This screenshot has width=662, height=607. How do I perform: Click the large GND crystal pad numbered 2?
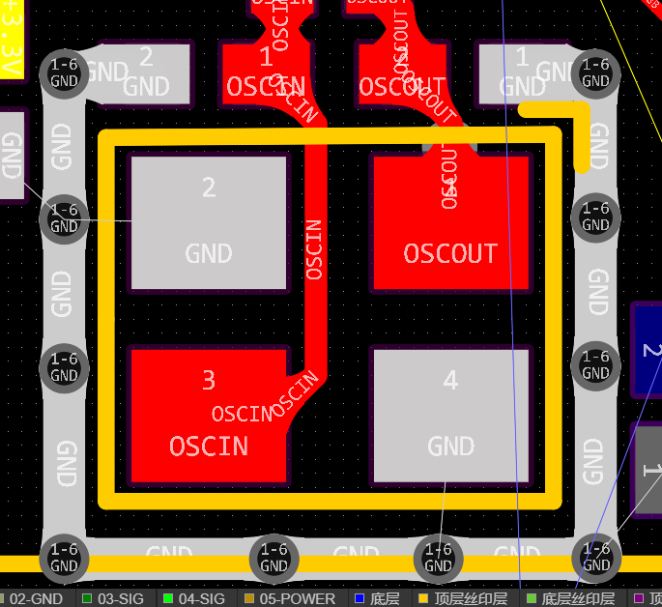tap(209, 222)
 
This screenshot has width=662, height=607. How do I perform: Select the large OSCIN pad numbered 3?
tap(208, 416)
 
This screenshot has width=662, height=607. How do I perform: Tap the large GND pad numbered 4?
tap(450, 416)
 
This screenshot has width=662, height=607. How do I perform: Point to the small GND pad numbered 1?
tap(523, 72)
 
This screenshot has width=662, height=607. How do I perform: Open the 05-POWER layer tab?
tap(289, 599)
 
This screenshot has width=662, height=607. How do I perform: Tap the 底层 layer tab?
tap(377, 599)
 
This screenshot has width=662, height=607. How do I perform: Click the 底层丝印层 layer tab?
tap(570, 599)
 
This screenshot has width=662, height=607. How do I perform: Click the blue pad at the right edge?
tap(647, 350)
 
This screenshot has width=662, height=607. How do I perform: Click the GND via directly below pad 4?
tap(438, 558)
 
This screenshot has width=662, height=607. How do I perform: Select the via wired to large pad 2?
tap(64, 218)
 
